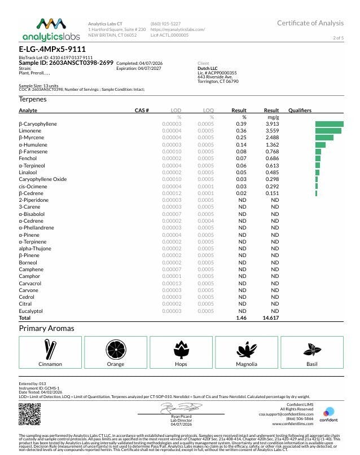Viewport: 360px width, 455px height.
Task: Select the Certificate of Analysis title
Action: [x=310, y=23]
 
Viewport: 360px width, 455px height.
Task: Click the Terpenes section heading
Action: [x=33, y=99]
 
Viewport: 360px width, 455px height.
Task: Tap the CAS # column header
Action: [x=142, y=110]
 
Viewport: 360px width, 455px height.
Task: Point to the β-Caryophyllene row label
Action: [x=38, y=124]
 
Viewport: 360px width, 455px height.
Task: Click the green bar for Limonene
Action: [x=328, y=131]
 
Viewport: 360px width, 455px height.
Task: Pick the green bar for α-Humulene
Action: [x=321, y=145]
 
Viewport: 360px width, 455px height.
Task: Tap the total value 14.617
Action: [x=271, y=319]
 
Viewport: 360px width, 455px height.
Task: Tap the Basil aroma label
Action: [x=311, y=364]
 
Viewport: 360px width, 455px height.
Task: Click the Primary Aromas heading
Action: [x=46, y=328]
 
